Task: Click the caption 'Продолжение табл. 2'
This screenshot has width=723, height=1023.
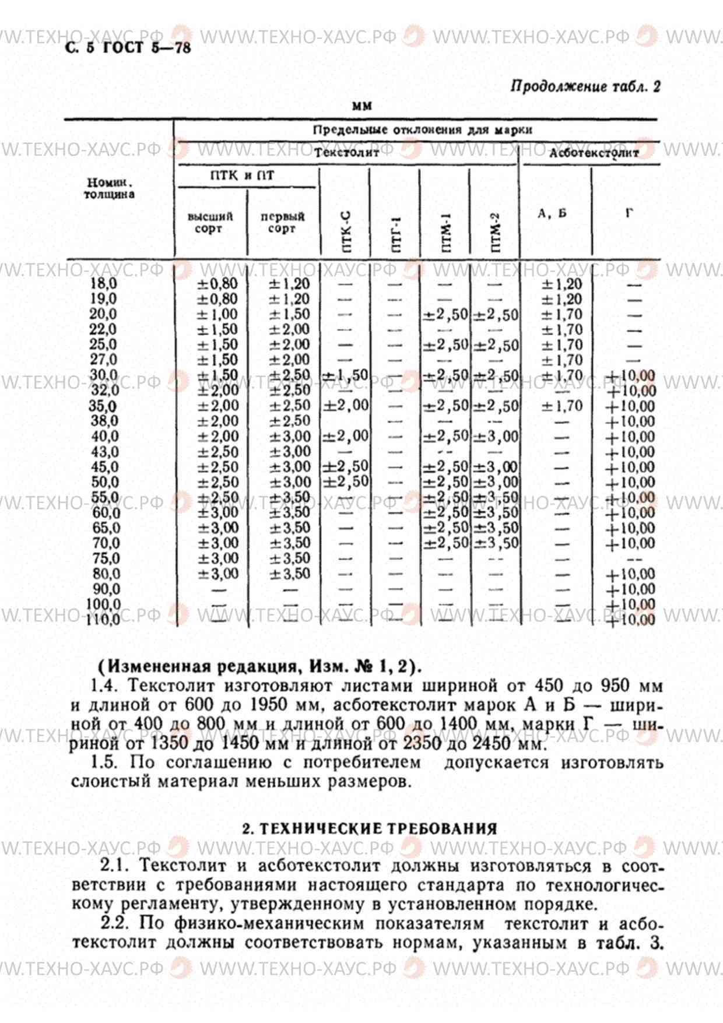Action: point(585,87)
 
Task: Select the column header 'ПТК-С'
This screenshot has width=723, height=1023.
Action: point(346,232)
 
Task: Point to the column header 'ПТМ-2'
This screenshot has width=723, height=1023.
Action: point(495,232)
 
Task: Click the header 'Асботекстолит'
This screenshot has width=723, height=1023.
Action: point(594,153)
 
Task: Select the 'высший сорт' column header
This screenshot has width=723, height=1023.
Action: point(210,223)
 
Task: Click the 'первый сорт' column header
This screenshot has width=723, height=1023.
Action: point(282,223)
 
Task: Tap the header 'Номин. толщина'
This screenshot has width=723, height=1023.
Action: point(109,189)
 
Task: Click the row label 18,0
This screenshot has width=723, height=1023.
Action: point(103,284)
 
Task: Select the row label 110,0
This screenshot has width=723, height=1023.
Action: point(103,620)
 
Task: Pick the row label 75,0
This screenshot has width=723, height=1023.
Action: point(106,558)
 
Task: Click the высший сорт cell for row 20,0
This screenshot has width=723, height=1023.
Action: point(217,315)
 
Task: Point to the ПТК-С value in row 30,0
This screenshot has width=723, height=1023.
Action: point(345,376)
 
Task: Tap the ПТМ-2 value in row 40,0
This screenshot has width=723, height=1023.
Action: point(495,437)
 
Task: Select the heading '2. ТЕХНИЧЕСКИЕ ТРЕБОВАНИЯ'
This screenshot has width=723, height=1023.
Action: point(370,829)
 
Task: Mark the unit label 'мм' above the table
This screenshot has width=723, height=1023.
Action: point(362,107)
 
